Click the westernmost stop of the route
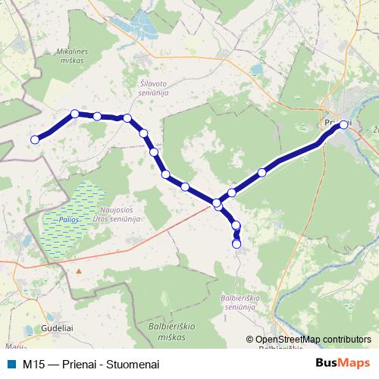34,139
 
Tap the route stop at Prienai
343,124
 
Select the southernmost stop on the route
236,244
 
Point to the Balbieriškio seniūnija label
243,302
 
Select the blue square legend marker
11,363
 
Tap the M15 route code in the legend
33,364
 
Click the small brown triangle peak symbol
78,270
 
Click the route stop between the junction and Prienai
262,172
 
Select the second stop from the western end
74,114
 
